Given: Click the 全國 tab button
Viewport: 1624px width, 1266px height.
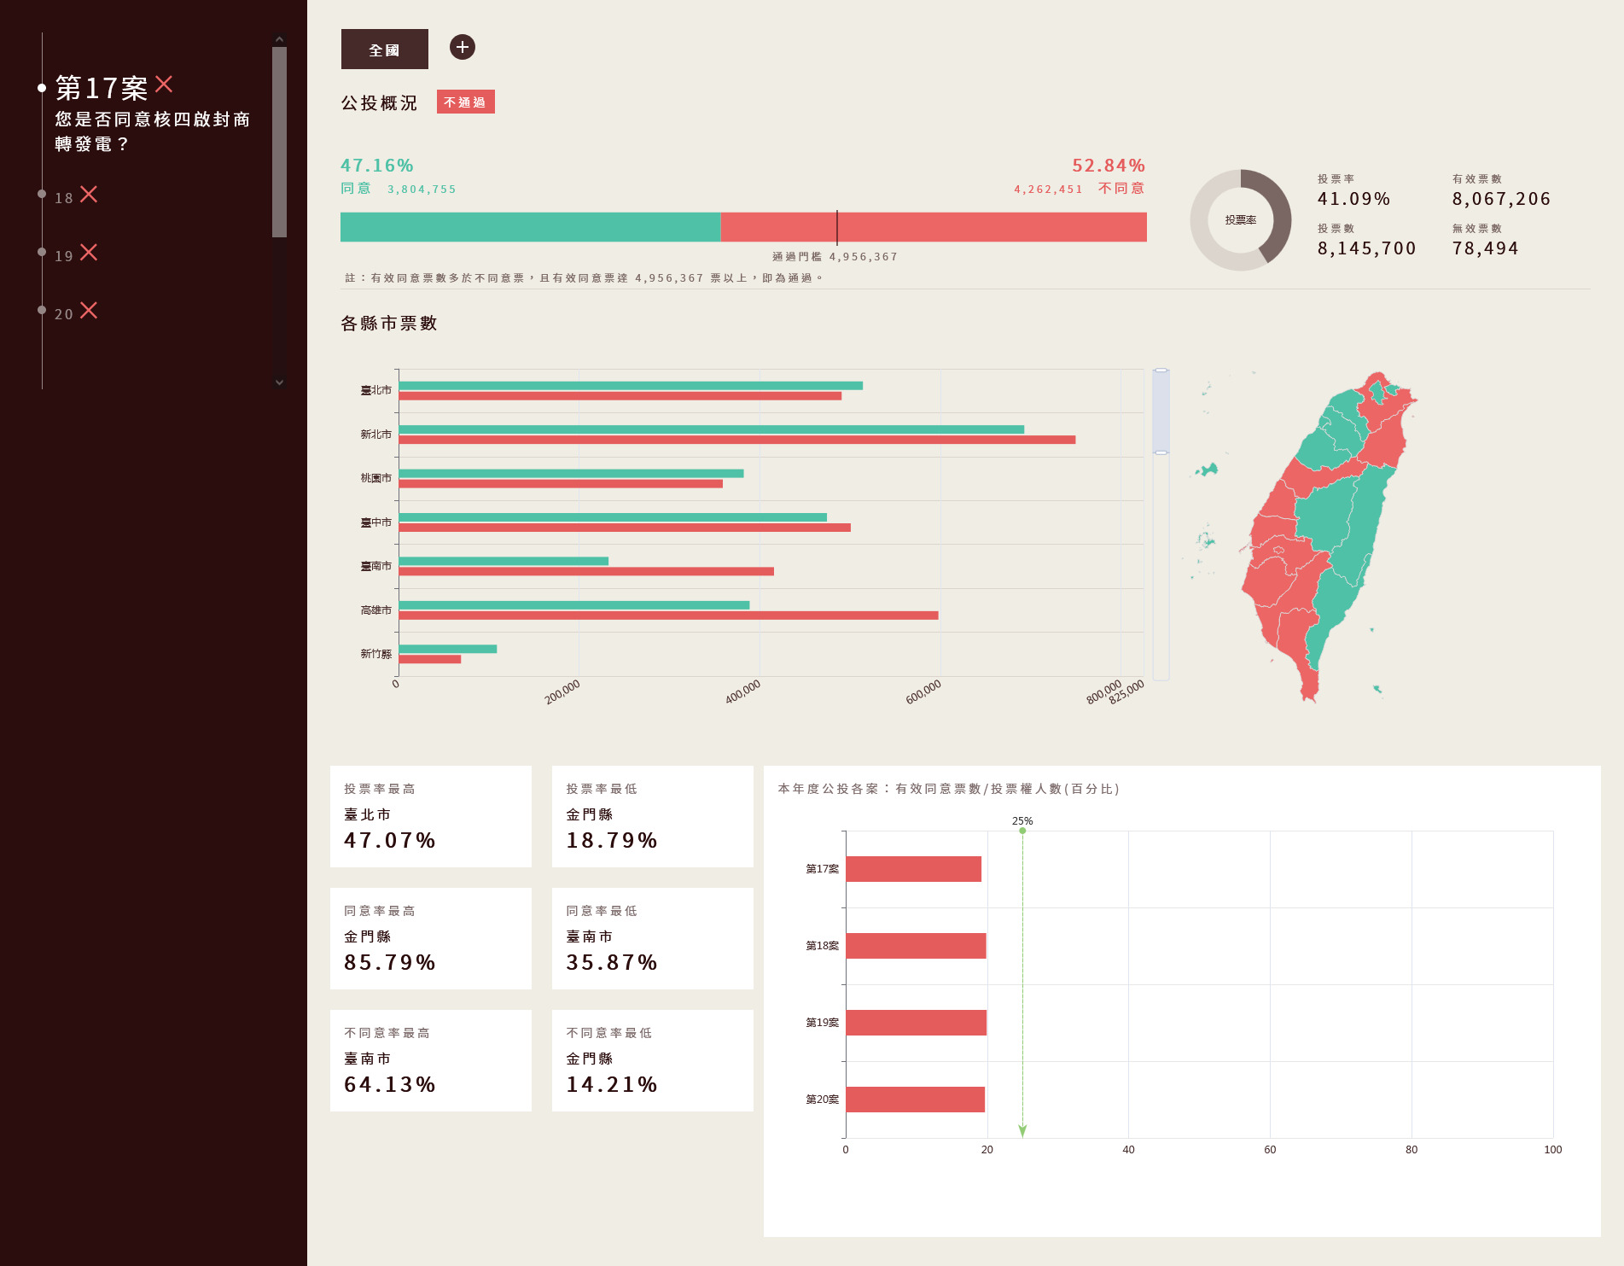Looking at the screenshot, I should pos(384,50).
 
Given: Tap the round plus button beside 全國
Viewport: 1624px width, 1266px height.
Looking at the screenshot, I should pos(463,47).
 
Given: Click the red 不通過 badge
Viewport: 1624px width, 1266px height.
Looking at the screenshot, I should pos(465,102).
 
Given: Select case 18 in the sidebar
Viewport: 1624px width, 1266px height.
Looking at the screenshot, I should pos(75,196).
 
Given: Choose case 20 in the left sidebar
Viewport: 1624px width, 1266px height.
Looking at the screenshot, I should pos(75,312).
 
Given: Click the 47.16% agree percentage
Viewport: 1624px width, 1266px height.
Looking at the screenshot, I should pos(376,166).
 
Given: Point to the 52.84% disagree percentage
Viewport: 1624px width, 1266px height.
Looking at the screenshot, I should pos(1108,166).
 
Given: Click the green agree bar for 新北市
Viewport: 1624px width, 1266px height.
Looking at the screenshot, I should pos(710,429).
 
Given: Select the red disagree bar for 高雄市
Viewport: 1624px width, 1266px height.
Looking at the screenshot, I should pos(667,615).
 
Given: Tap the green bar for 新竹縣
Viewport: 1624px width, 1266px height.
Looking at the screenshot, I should pos(447,649).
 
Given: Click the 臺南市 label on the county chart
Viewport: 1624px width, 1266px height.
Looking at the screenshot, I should pos(375,566).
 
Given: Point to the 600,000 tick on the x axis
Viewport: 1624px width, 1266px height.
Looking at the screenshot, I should pos(923,691).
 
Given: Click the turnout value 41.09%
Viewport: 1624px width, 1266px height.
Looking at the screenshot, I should pos(1353,199).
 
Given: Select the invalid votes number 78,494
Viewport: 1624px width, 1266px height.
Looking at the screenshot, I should pos(1485,248).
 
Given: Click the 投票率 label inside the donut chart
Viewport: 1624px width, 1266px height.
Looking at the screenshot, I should pos(1240,220).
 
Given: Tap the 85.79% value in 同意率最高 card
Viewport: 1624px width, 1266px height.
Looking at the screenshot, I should pos(389,963).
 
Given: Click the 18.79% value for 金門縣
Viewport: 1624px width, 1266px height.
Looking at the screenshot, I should pos(611,841).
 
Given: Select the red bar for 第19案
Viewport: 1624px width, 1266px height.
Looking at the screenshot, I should pos(916,1023).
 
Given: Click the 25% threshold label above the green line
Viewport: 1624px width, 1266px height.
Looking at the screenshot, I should pos(1022,821).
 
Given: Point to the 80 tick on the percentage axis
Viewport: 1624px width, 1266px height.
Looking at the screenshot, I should pos(1412,1150).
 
